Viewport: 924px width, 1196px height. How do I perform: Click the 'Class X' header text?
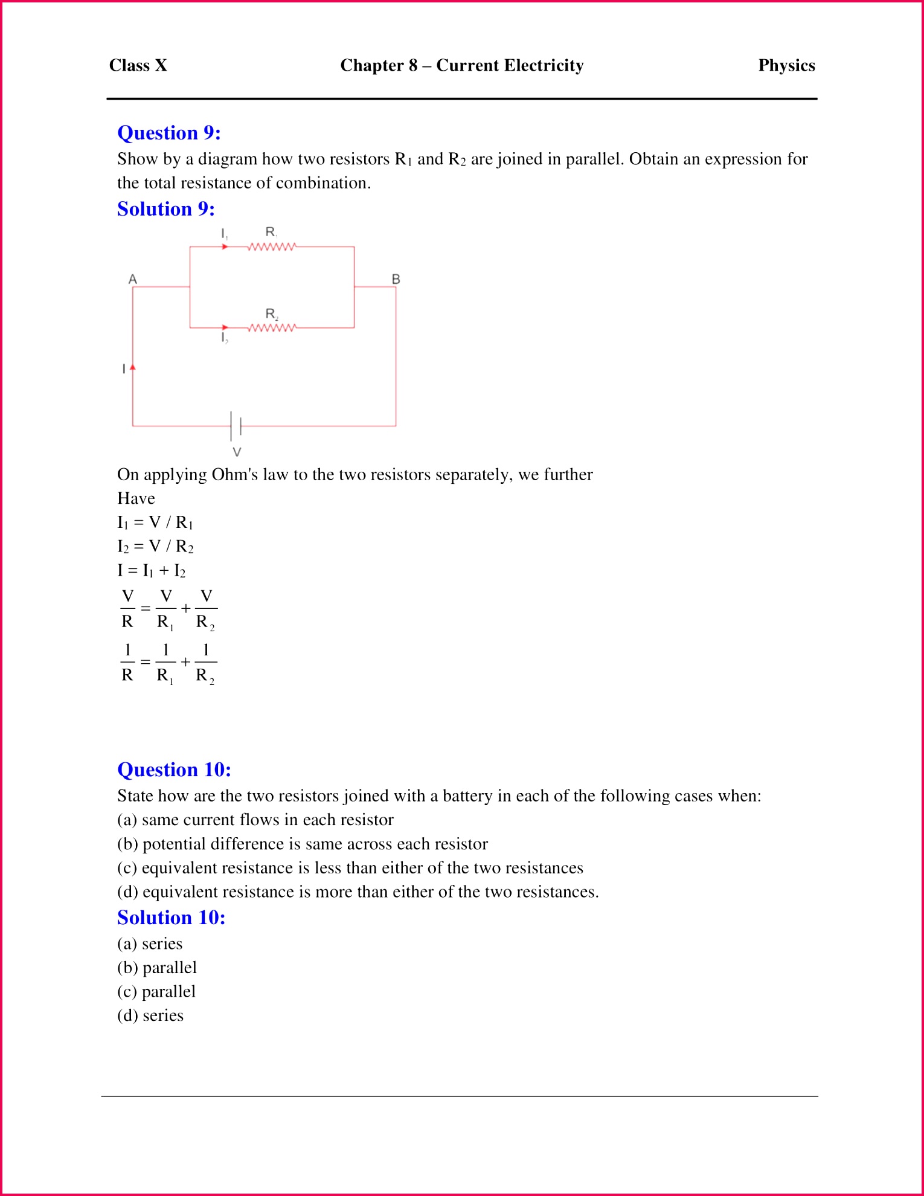[x=138, y=65]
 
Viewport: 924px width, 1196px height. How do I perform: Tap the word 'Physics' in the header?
[x=786, y=65]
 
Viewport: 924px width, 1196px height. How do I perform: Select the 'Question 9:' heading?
[x=169, y=133]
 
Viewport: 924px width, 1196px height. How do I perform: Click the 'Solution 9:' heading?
[x=166, y=209]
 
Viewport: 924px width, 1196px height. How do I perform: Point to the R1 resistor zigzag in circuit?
[x=272, y=246]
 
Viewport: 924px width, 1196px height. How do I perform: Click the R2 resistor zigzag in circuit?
[x=272, y=327]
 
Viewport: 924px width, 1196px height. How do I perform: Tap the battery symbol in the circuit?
[x=236, y=426]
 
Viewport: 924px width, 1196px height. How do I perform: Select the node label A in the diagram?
[x=133, y=279]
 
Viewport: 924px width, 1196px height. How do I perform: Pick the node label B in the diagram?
[x=396, y=279]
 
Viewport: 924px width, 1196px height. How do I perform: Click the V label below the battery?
[x=237, y=452]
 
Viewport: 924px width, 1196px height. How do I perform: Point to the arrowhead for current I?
[x=133, y=367]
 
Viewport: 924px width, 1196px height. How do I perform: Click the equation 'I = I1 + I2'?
[x=152, y=570]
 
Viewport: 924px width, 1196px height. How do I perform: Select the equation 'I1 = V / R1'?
[x=155, y=522]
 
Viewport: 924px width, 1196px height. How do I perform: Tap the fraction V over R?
[x=127, y=609]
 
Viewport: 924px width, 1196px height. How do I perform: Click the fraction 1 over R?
[x=127, y=663]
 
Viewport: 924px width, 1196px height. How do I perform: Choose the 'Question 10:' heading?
[x=174, y=770]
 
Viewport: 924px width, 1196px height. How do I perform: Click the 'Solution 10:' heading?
[x=172, y=918]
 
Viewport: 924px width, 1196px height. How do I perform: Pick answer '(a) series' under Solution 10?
[x=150, y=944]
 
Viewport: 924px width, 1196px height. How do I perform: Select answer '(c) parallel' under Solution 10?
[x=156, y=992]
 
